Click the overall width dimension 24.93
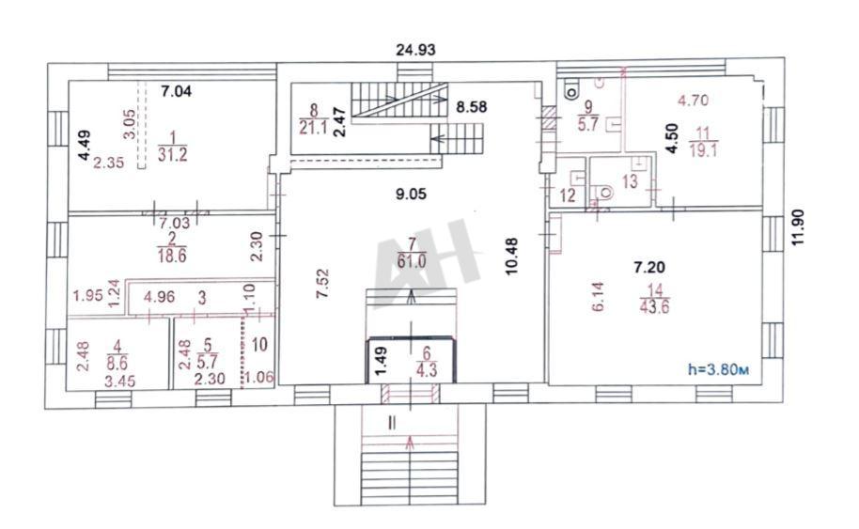click(x=415, y=50)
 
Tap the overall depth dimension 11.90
click(x=798, y=226)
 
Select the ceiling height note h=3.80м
click(x=718, y=369)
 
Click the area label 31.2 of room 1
click(x=173, y=155)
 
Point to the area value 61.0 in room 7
click(x=412, y=261)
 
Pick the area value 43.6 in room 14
click(x=654, y=306)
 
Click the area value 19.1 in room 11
click(x=703, y=150)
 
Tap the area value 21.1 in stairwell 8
click(x=313, y=128)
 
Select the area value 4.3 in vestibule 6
click(x=427, y=370)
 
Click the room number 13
click(x=630, y=180)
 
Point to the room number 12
click(x=568, y=194)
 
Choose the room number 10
click(x=259, y=345)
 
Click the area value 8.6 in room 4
click(x=117, y=362)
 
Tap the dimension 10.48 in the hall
click(x=511, y=257)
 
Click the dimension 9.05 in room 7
click(x=411, y=194)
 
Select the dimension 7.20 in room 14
click(x=649, y=267)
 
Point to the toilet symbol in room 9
click(x=572, y=90)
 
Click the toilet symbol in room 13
click(x=605, y=193)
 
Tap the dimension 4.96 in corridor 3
click(x=159, y=297)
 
